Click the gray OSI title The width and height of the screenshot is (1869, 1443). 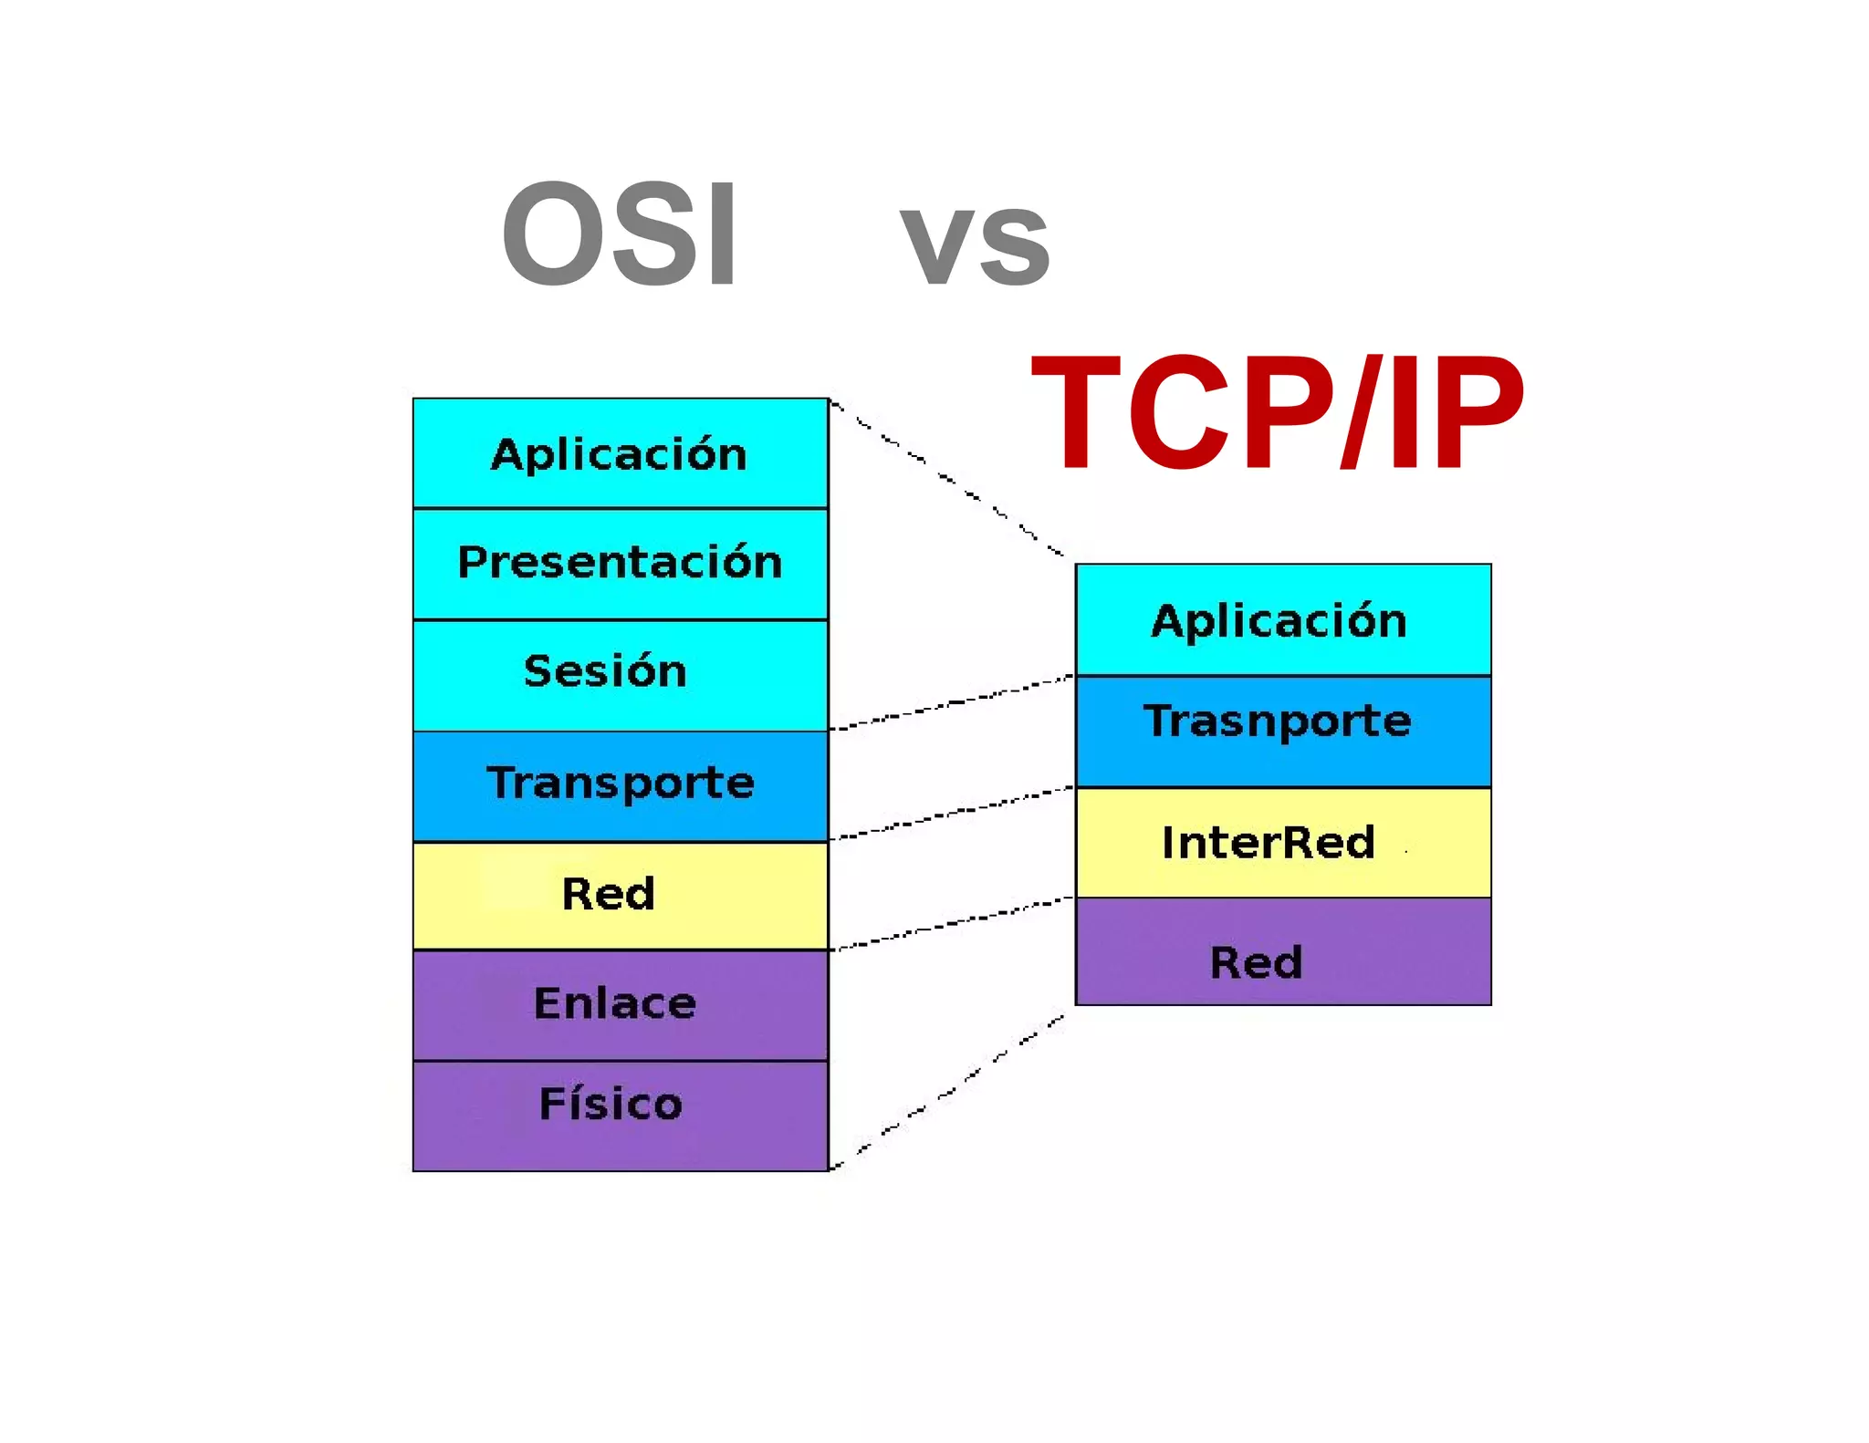pos(620,234)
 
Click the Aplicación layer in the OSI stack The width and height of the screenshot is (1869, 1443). pos(620,453)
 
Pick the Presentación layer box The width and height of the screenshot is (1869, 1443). pos(620,563)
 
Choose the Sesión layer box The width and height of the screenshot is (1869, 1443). pos(620,674)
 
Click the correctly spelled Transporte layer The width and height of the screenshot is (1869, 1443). pos(620,784)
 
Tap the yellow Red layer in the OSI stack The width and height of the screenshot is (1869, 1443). pos(620,895)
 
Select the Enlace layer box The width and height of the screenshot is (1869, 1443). pos(620,1004)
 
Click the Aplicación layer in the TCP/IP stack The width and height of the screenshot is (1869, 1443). pos(1282,620)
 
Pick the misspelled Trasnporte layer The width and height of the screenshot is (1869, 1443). pos(1282,730)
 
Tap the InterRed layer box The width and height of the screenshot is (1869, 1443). pos(1282,842)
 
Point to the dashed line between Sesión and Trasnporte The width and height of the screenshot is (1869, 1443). pos(949,703)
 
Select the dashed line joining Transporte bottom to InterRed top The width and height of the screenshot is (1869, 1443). pos(949,813)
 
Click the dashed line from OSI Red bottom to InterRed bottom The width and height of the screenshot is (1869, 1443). pos(949,924)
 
